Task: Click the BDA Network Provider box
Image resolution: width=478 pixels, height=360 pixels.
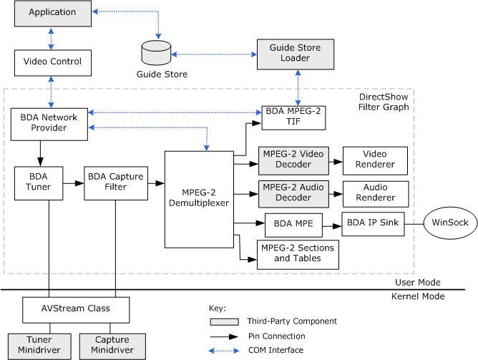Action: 49,122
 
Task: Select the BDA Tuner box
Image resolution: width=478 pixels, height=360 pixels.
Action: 39,183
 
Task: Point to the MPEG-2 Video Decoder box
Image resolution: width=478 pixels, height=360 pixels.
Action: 293,160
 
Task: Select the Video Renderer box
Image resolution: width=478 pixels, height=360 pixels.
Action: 375,160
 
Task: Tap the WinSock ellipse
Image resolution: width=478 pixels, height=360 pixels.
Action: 450,223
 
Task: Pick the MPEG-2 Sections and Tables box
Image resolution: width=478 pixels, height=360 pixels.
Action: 298,253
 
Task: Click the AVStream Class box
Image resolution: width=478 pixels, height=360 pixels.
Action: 76,310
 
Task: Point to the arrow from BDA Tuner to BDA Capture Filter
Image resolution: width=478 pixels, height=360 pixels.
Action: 74,183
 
